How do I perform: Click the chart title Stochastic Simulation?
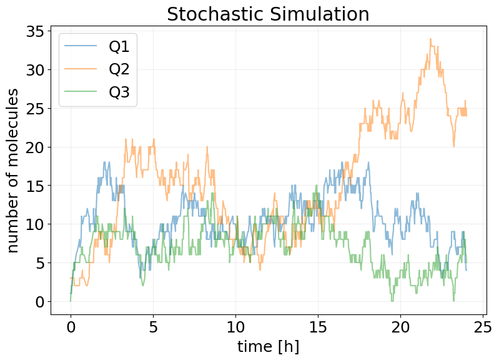coord(268,14)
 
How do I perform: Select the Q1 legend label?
coord(123,46)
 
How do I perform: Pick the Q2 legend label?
coord(123,69)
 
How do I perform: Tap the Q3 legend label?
coord(123,91)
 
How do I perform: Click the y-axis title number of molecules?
coord(14,170)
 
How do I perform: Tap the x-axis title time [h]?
coord(268,346)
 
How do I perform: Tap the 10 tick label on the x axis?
coord(235,327)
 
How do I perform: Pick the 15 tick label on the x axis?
coord(318,327)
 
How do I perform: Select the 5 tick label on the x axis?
coord(153,327)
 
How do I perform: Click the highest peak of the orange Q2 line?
coord(430,39)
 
